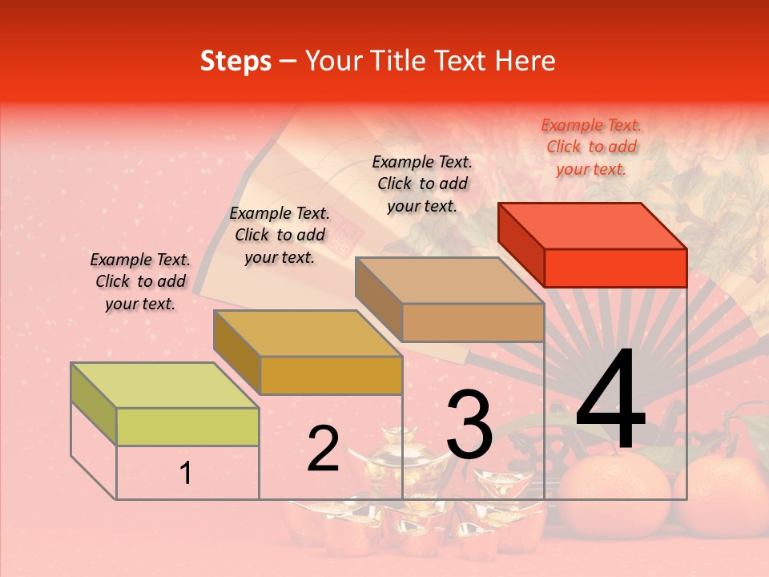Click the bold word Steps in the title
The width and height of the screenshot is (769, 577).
click(236, 61)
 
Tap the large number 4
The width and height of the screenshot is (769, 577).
click(610, 402)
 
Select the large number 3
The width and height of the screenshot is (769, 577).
click(469, 425)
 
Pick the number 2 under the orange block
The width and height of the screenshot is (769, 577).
click(323, 449)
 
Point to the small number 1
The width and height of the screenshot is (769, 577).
click(186, 474)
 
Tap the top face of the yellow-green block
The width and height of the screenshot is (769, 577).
click(164, 385)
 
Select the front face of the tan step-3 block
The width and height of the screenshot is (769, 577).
click(473, 323)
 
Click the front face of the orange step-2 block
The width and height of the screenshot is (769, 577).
click(331, 375)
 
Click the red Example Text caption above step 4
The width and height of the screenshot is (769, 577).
click(591, 147)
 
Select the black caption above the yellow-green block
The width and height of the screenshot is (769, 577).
click(140, 281)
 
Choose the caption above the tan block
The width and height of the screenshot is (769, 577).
click(422, 184)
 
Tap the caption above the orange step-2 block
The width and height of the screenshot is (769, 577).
click(280, 235)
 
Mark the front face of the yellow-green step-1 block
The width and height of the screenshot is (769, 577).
click(187, 426)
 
